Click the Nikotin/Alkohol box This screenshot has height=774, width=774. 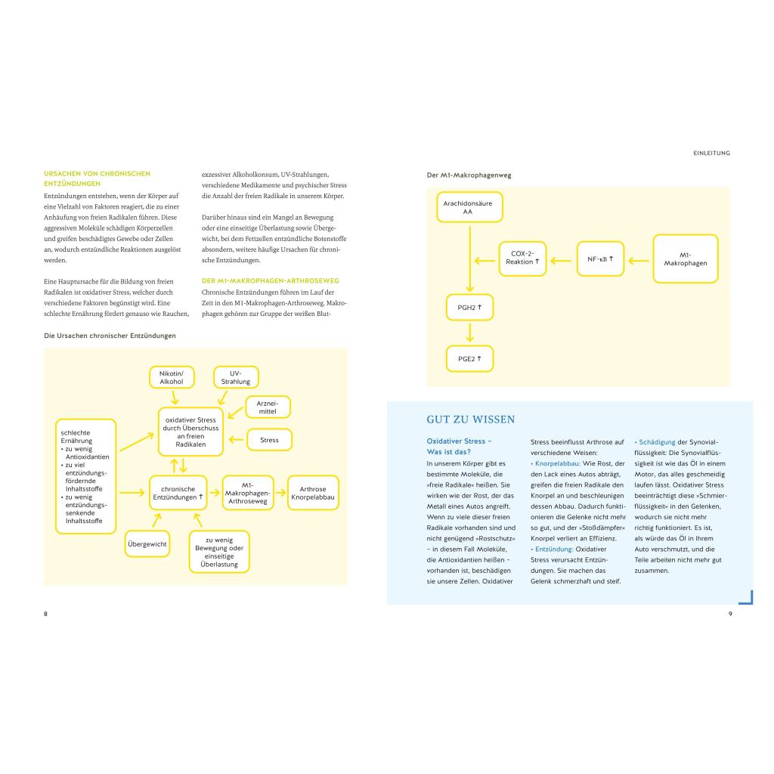coord(172,377)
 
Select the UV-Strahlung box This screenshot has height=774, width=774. coord(235,377)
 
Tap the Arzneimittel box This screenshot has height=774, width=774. coord(268,407)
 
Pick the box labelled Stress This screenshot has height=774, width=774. coord(269,440)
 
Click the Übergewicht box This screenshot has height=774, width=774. coord(147,543)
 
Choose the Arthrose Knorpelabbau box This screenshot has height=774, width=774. coord(313,493)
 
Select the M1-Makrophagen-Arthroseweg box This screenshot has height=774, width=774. coord(247,493)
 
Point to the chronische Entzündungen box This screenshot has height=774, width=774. coord(178,493)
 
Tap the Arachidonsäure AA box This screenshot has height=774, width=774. coord(469,207)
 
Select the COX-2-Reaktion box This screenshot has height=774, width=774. coord(523,258)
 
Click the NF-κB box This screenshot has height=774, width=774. coord(600,259)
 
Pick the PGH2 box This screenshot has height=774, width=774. coord(469,308)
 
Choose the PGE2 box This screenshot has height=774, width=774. coord(469,358)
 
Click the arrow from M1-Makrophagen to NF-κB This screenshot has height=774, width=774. coord(639,259)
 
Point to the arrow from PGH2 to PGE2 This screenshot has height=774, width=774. coord(469,333)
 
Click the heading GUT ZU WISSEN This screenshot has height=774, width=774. coord(471,420)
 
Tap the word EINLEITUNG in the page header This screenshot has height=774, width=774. coord(711,153)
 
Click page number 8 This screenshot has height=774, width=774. coord(45,613)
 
